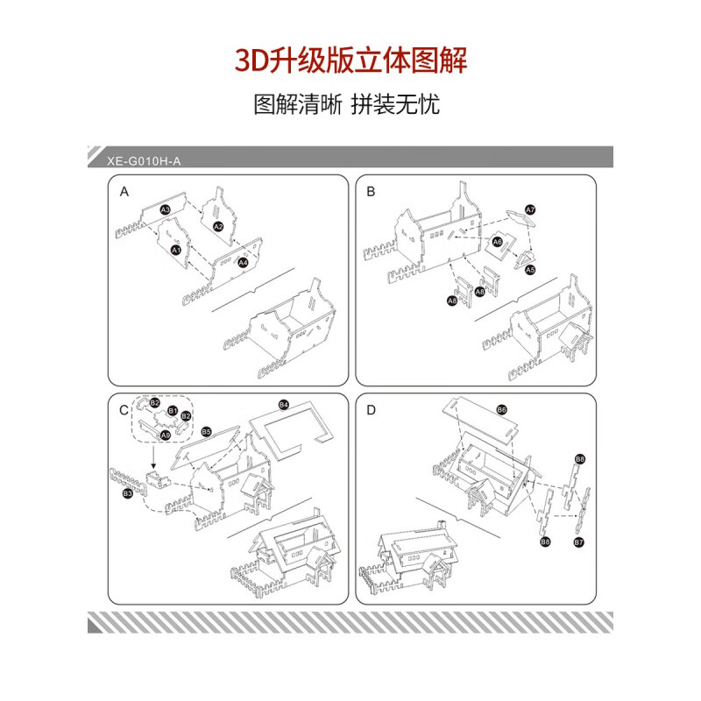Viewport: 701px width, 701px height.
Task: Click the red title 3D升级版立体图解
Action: [350, 60]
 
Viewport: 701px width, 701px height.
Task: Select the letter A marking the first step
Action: [124, 191]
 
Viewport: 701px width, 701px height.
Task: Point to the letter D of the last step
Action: [372, 410]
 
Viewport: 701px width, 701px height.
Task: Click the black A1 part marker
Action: [174, 250]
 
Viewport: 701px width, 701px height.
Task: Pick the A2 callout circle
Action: [219, 227]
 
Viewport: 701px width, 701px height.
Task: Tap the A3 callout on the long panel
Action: [165, 210]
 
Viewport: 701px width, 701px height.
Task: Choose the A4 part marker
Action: [243, 261]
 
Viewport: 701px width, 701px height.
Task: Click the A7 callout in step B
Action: [530, 209]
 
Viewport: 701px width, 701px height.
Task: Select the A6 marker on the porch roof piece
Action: [497, 241]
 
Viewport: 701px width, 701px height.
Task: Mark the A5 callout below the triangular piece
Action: [530, 271]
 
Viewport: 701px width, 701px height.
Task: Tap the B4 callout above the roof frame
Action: [283, 404]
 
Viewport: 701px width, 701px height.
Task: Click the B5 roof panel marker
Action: [206, 432]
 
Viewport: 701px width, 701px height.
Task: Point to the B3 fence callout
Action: [127, 495]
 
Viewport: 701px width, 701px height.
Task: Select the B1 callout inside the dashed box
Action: [173, 411]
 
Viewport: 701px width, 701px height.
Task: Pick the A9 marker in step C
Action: [165, 435]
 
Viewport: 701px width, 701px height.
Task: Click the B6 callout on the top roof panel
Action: [501, 409]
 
